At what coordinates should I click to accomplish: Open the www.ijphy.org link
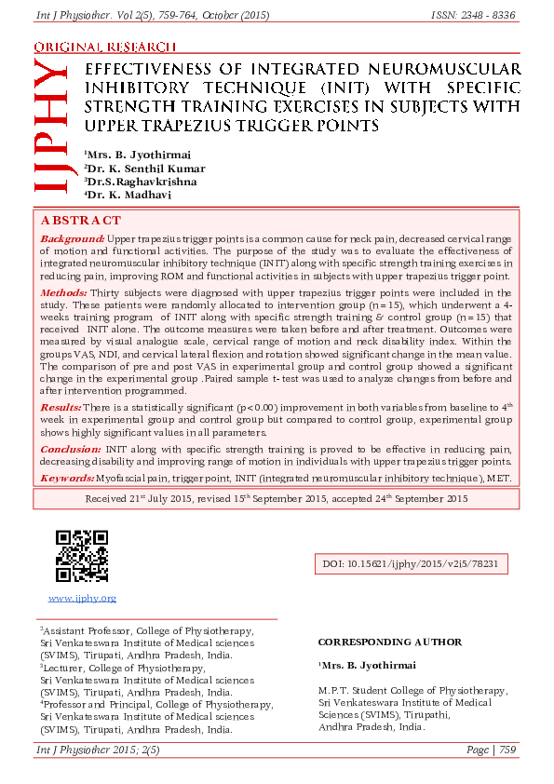[x=82, y=598]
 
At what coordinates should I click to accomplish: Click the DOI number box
[x=415, y=564]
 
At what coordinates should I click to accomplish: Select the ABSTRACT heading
[x=81, y=221]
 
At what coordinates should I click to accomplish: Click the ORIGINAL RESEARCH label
[x=104, y=47]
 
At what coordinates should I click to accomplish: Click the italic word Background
[x=72, y=239]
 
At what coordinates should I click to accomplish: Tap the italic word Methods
[x=63, y=292]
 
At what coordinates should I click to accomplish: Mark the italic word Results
[x=61, y=408]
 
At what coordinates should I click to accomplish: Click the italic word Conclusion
[x=70, y=449]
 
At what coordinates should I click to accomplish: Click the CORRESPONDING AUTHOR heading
[x=389, y=642]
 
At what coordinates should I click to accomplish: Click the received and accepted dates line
[x=277, y=499]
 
